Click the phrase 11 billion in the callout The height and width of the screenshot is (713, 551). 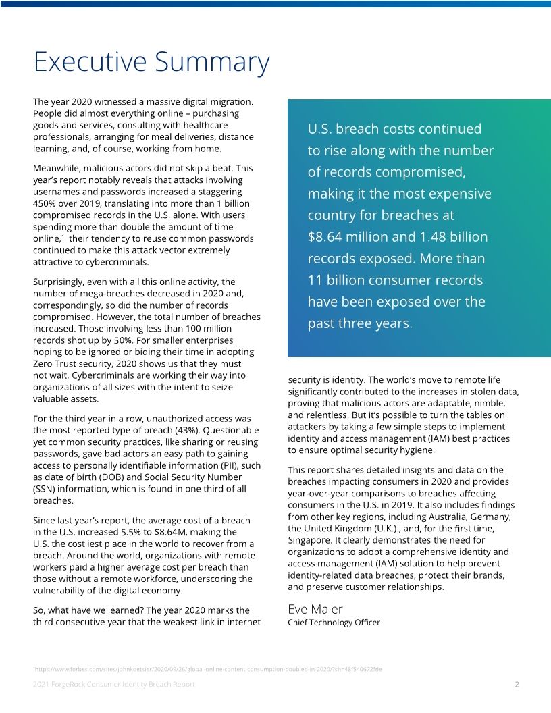click(x=335, y=280)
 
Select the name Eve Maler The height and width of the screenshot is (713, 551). click(x=315, y=608)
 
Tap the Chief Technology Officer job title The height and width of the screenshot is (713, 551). click(x=334, y=623)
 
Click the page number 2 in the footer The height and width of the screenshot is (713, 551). click(x=517, y=684)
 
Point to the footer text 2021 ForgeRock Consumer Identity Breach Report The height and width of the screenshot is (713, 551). click(x=114, y=684)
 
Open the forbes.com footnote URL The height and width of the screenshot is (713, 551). click(x=208, y=669)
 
